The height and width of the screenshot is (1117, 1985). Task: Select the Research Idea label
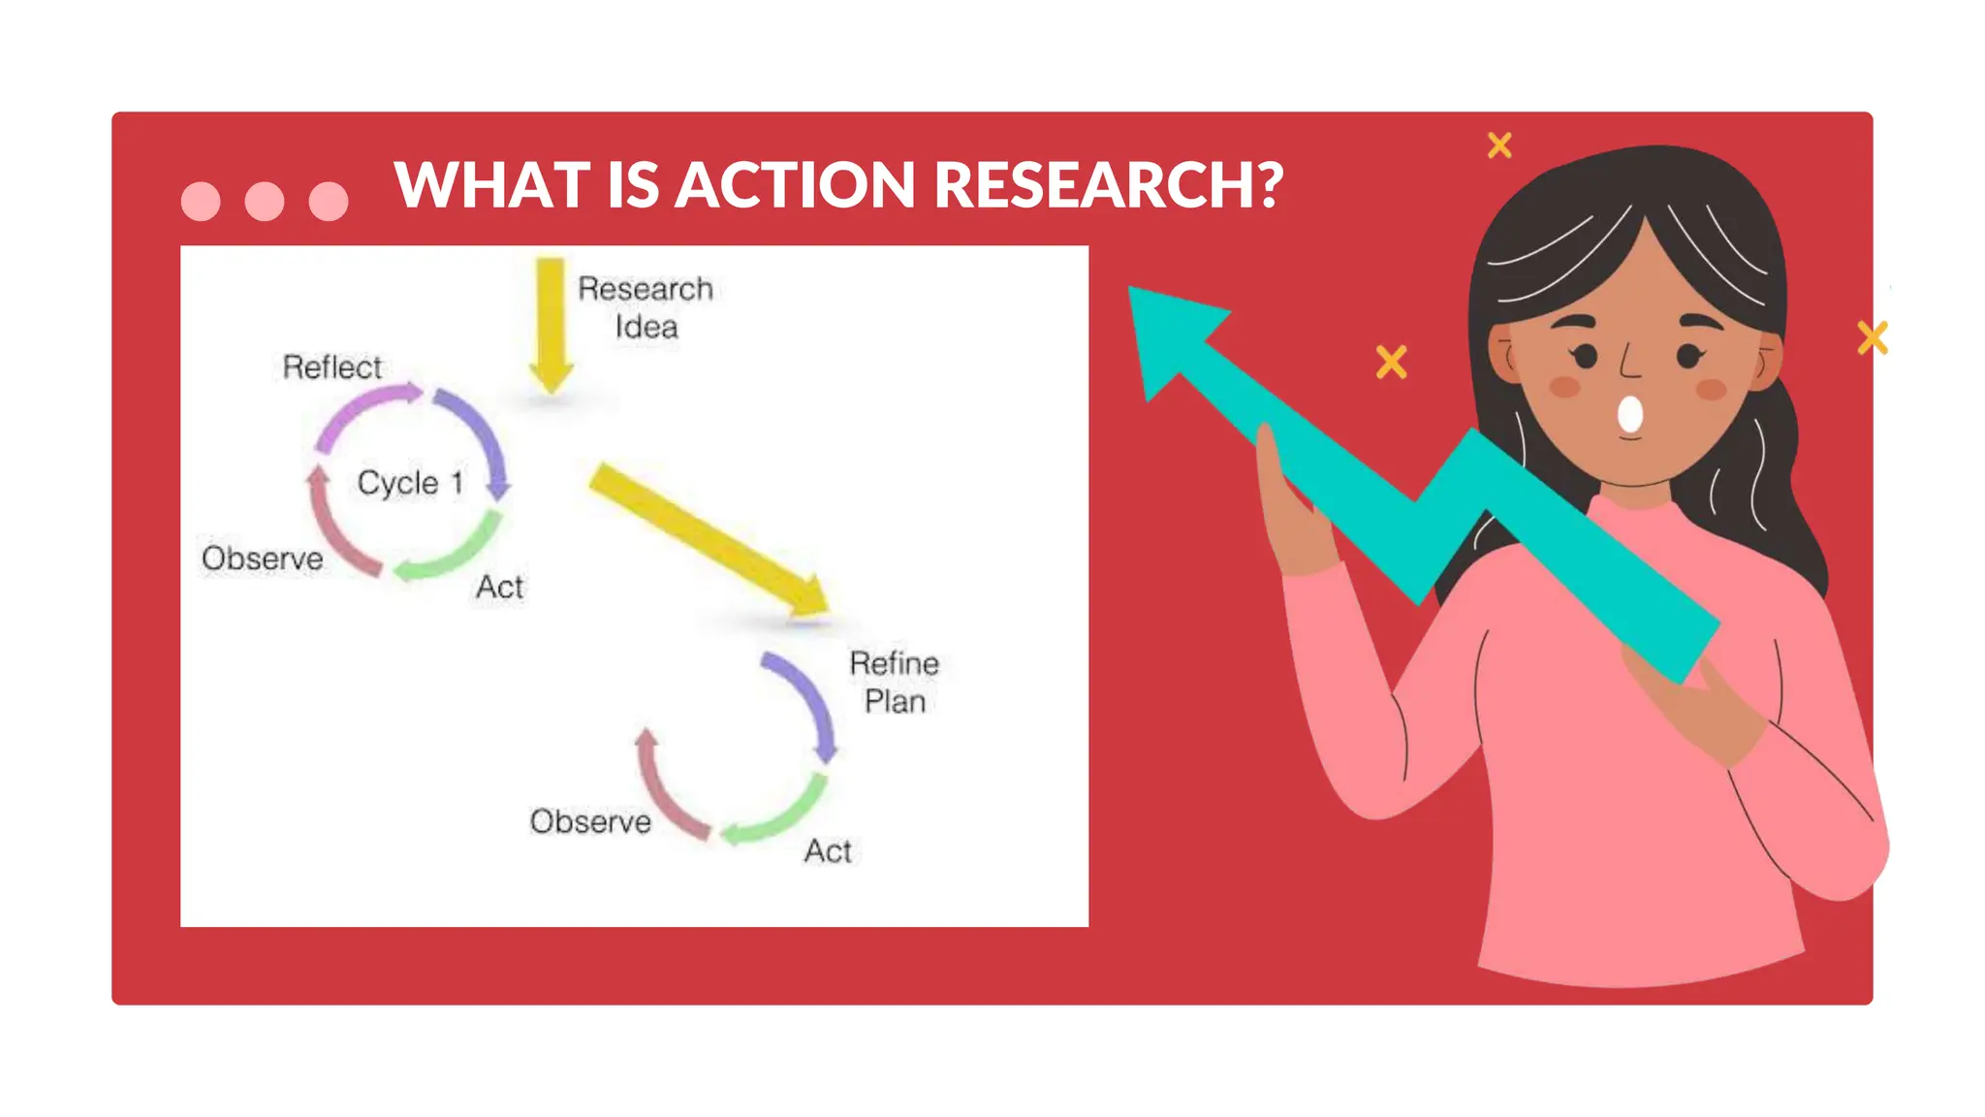click(646, 307)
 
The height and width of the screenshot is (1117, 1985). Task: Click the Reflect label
click(331, 367)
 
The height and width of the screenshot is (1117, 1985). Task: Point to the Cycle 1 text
click(410, 482)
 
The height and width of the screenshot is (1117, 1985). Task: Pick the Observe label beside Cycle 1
click(262, 558)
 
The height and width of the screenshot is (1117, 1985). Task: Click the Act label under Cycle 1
click(499, 587)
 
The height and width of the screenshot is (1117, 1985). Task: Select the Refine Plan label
click(894, 682)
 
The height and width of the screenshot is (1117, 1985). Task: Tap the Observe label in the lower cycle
click(590, 821)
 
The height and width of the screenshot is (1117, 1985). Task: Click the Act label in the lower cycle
click(828, 850)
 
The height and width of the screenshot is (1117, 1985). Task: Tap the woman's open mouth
click(1630, 414)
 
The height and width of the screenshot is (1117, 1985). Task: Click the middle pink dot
click(264, 201)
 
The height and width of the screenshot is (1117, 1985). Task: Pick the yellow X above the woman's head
click(1499, 145)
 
